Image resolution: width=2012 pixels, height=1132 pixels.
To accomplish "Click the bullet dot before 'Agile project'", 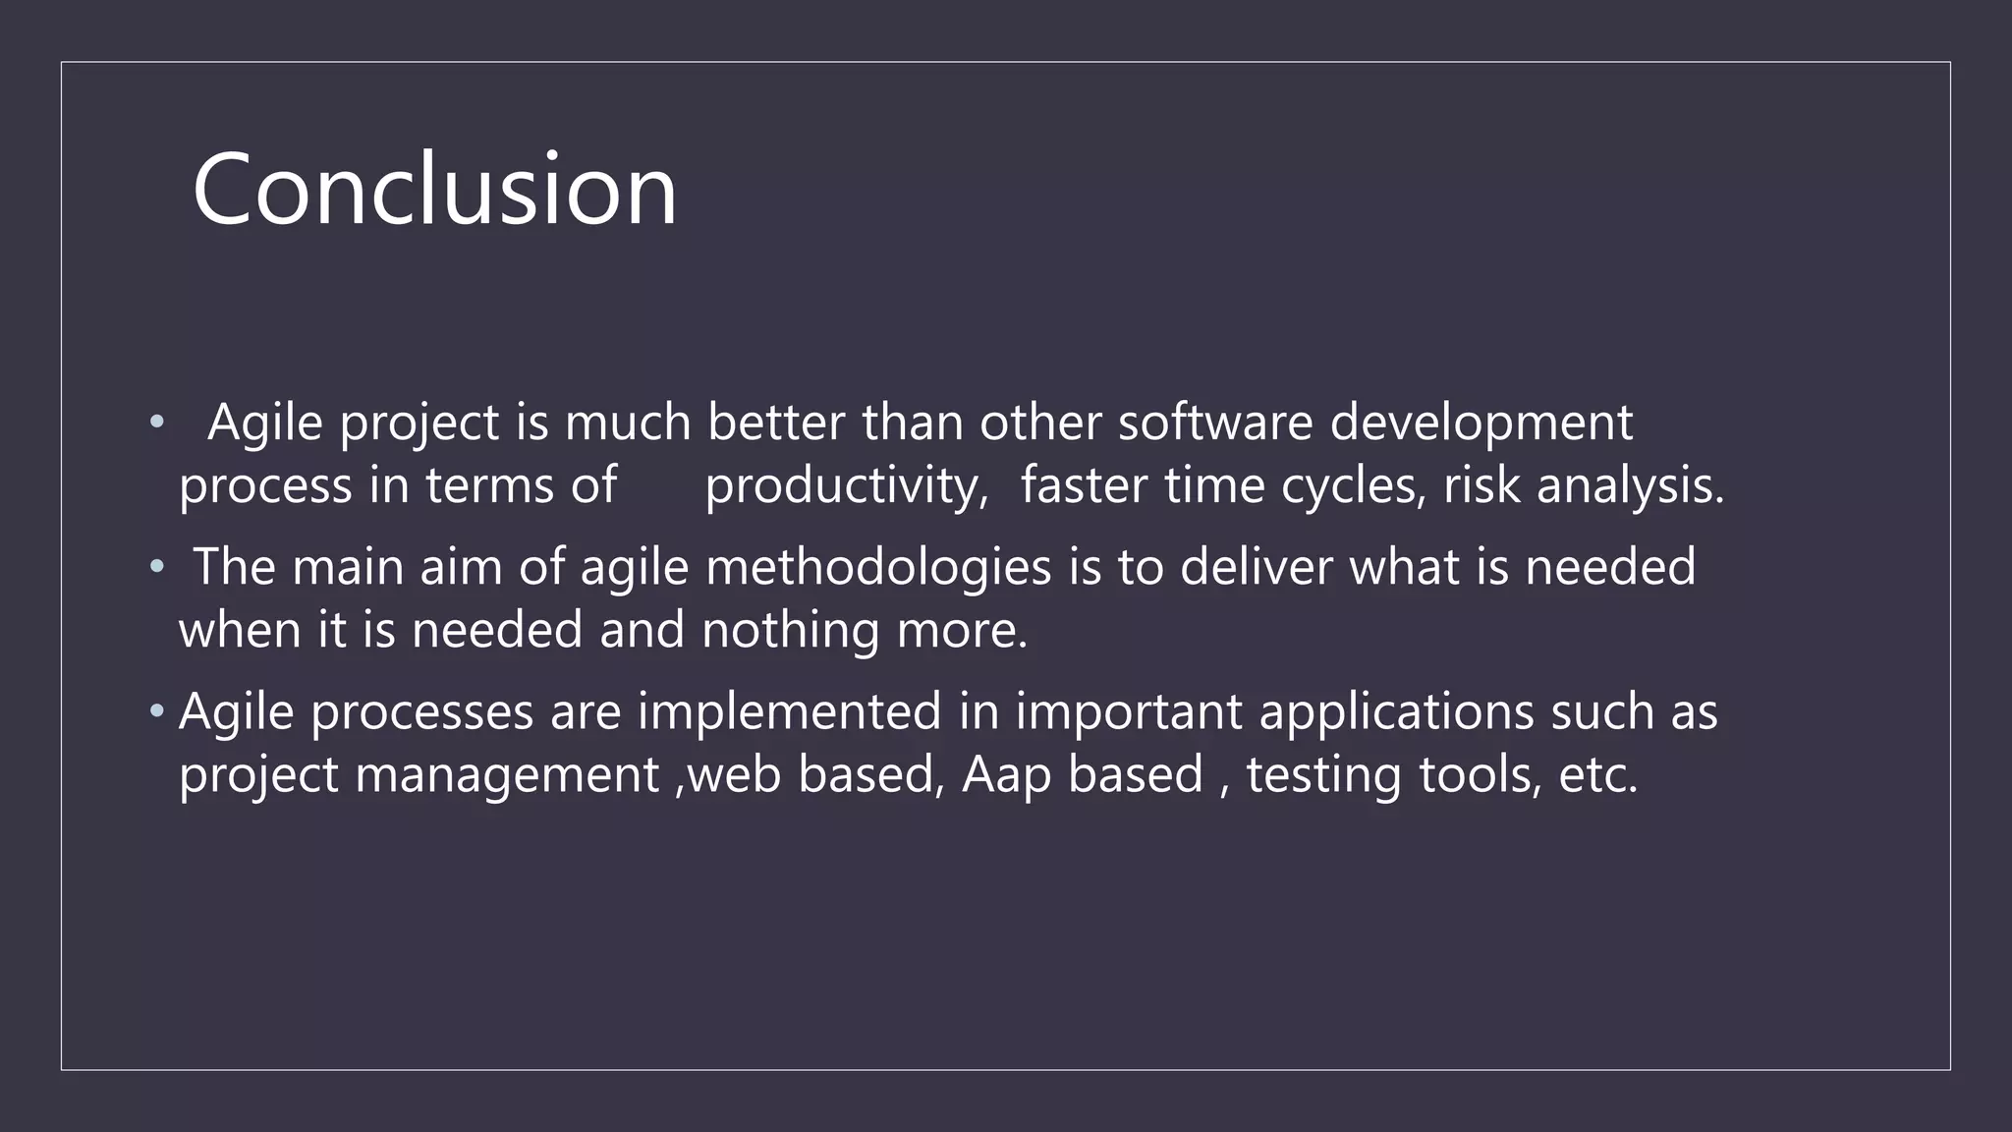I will [156, 424].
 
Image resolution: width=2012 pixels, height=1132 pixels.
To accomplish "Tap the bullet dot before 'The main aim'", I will [156, 567].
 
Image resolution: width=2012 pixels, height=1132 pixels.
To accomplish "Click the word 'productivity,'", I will [846, 486].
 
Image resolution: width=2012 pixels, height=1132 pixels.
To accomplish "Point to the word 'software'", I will [1214, 423].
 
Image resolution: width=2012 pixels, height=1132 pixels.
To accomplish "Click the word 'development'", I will [1481, 424].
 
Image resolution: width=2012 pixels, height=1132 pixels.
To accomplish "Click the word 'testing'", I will [1324, 775].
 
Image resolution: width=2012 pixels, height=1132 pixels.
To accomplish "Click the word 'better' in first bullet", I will [775, 423].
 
